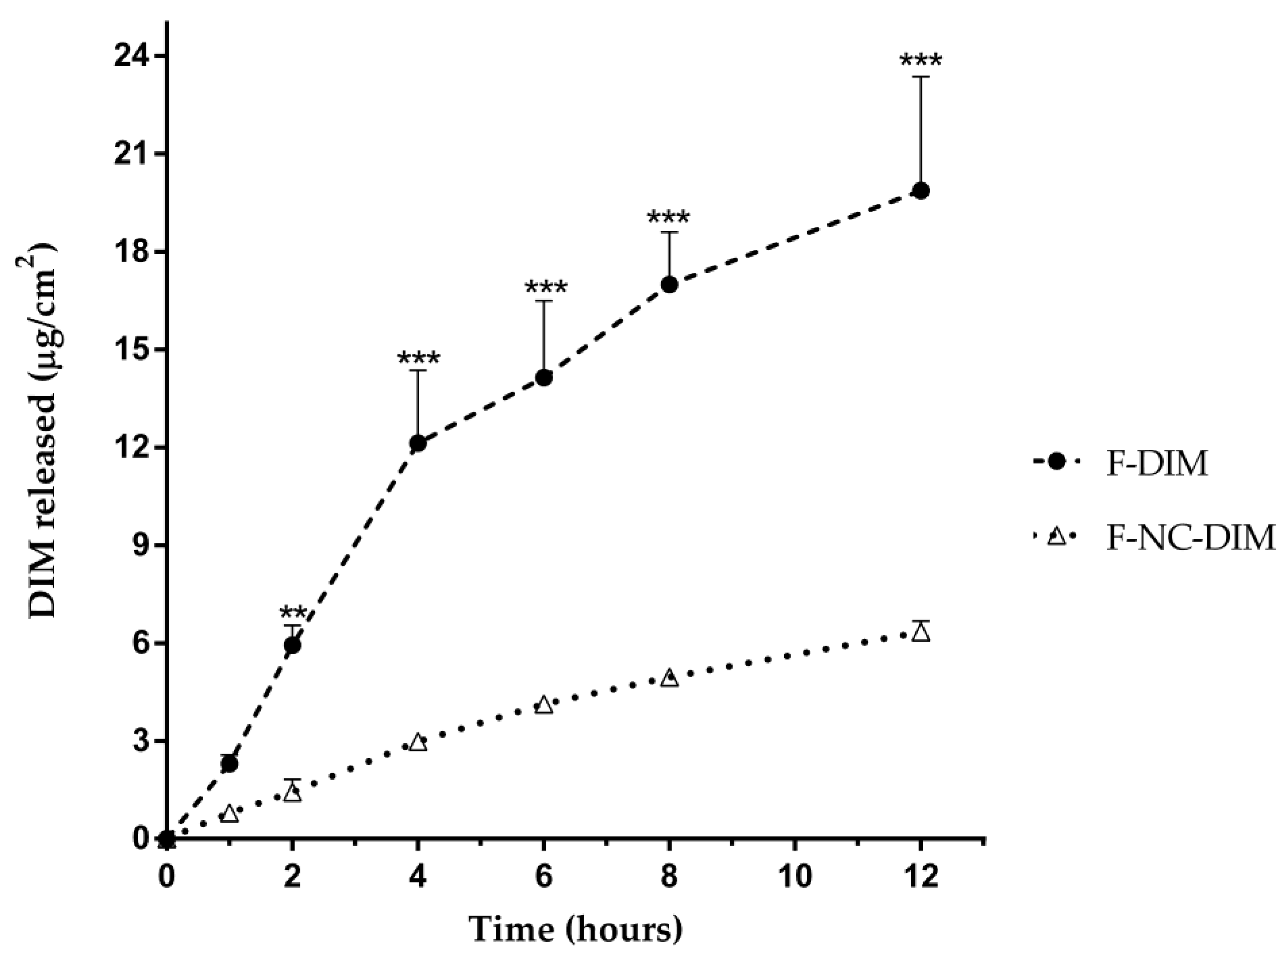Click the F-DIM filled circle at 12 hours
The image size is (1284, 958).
[x=921, y=191]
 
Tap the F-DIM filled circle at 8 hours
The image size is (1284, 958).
[x=670, y=285]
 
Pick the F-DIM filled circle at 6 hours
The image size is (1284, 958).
[x=544, y=378]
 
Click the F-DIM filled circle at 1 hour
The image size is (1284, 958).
[x=229, y=764]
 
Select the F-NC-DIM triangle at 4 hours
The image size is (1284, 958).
[x=418, y=743]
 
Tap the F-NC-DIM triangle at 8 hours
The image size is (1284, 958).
[x=670, y=678]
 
